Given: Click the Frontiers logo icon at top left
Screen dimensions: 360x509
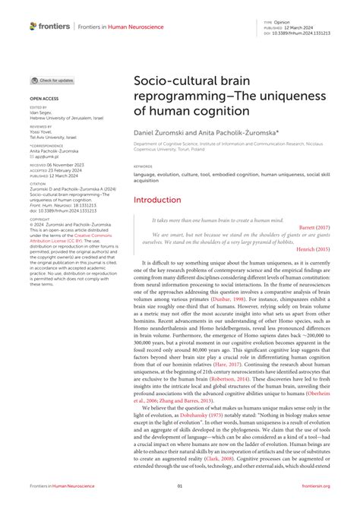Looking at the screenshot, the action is point(33,26).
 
